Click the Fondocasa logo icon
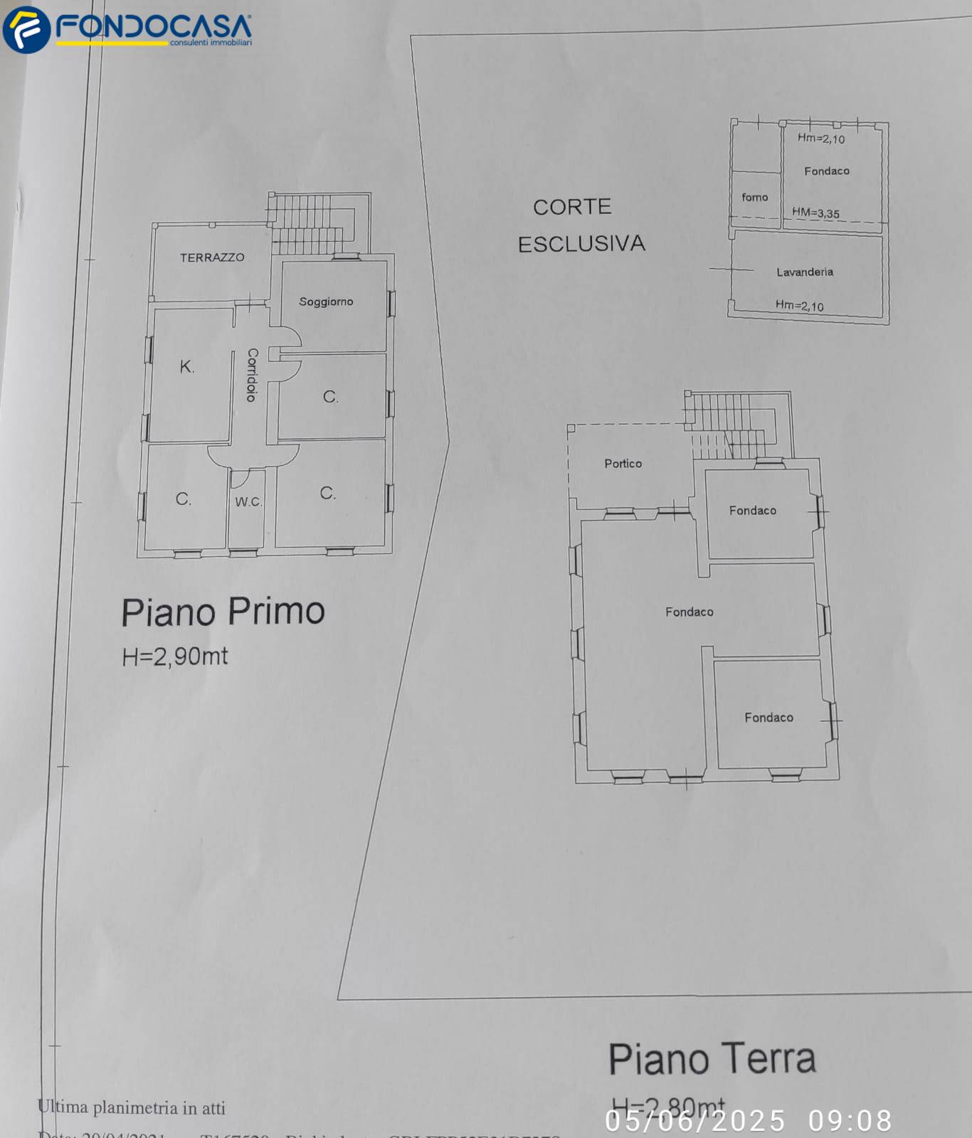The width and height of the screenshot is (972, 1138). tap(26, 29)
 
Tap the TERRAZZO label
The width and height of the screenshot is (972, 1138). tap(212, 257)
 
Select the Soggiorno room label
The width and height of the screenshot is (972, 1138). tap(326, 302)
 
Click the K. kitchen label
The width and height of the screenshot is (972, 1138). tap(186, 367)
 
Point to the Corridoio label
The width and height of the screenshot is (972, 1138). tap(251, 375)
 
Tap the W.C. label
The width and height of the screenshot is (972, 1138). tap(248, 501)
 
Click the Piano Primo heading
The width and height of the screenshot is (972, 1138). tap(223, 612)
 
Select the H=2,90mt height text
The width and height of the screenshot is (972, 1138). tap(175, 656)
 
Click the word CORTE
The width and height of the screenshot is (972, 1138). tap(572, 207)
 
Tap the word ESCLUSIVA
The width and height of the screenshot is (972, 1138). tap(581, 245)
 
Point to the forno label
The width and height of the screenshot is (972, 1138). tap(754, 197)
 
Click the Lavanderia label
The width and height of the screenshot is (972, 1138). tap(804, 272)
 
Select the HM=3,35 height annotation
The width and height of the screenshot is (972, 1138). tap(815, 213)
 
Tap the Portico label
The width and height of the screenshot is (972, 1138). tap(623, 464)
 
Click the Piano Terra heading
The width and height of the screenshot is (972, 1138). tap(712, 1059)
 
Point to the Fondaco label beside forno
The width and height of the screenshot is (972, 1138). tap(826, 171)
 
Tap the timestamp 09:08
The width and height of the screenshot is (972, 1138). tap(850, 1121)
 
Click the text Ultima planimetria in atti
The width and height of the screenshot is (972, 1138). tap(132, 1107)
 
